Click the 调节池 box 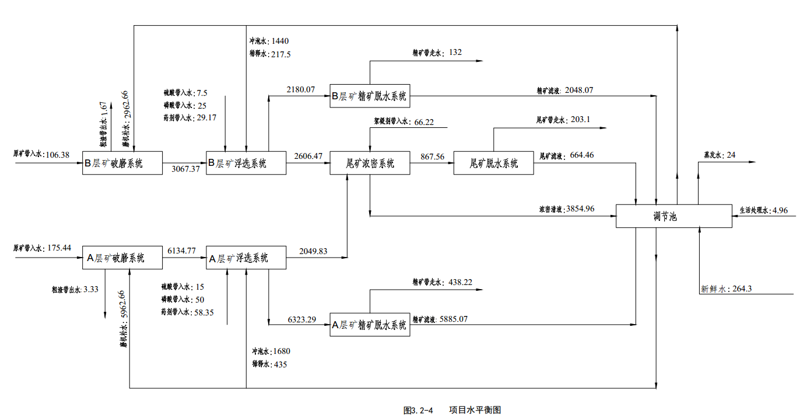[x=673, y=216]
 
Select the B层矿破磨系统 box [x=122, y=164]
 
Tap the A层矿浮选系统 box [x=246, y=258]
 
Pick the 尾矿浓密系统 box [x=370, y=164]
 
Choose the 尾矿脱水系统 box [x=493, y=164]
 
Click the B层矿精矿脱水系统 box [x=370, y=96]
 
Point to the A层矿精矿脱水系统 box [x=370, y=325]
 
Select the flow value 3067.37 [x=186, y=169]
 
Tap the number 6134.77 [x=181, y=251]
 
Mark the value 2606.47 [x=308, y=157]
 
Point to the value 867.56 [x=432, y=157]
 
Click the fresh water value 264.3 [x=742, y=289]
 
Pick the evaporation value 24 [x=731, y=155]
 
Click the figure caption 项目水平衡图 [x=475, y=410]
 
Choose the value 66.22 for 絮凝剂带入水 [x=425, y=123]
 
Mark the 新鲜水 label [x=713, y=289]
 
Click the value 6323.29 [x=301, y=319]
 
